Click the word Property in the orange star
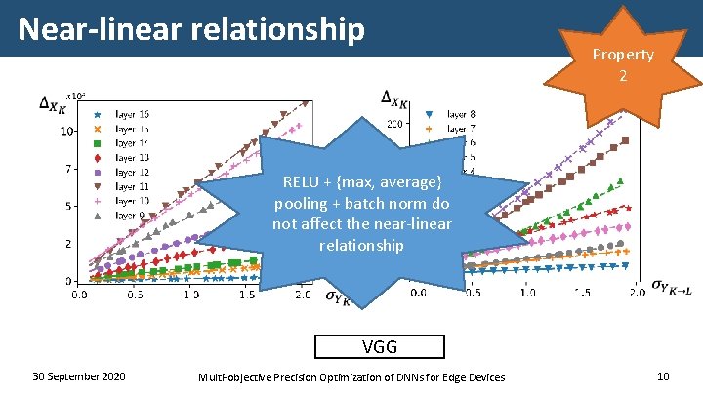coord(623,56)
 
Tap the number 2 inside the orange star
coord(622,75)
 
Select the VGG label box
coord(379,346)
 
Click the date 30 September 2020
coord(78,376)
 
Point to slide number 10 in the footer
coord(663,376)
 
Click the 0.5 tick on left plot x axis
coord(134,294)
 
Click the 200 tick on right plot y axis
coord(395,125)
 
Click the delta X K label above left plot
coord(55,101)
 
